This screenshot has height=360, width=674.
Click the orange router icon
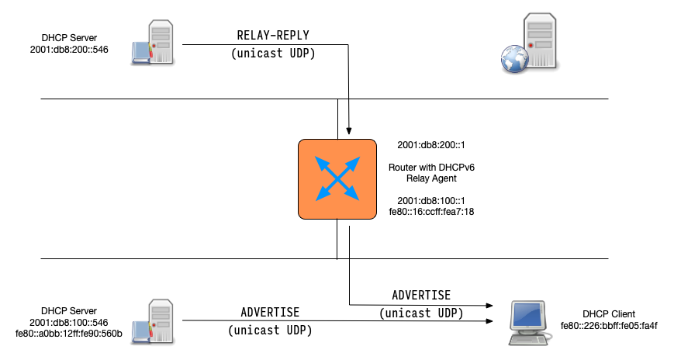[337, 178]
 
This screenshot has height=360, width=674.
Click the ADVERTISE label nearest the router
[421, 296]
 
